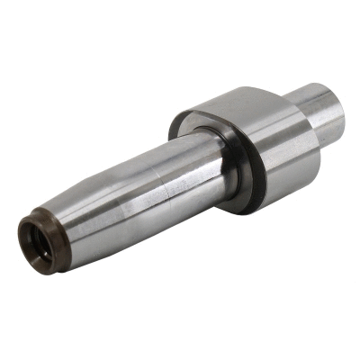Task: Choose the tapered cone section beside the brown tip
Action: coord(67,229)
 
